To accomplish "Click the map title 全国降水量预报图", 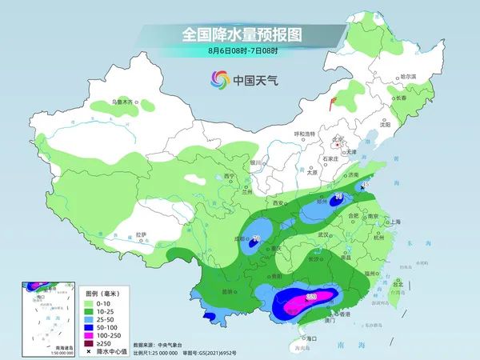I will tap(239, 34).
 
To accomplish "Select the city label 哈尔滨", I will tap(408, 76).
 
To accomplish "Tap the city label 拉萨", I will tap(141, 234).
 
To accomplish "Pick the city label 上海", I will tap(394, 222).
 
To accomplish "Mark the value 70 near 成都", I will tap(257, 238).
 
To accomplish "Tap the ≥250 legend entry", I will tap(104, 342).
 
